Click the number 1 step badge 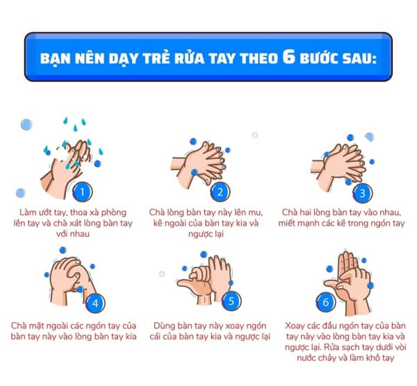83,192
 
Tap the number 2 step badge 220,192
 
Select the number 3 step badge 363,193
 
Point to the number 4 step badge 95,303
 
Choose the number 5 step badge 231,301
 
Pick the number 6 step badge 326,302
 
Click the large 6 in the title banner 289,56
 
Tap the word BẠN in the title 55,59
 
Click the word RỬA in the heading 189,58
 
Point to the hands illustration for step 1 67,167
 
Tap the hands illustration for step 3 338,167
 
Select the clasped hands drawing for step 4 72,281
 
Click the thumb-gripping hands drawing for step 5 204,280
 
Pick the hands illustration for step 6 347,284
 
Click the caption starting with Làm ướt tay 73,223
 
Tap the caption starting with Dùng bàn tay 210,331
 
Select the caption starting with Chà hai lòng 341,218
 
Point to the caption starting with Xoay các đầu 345,342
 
